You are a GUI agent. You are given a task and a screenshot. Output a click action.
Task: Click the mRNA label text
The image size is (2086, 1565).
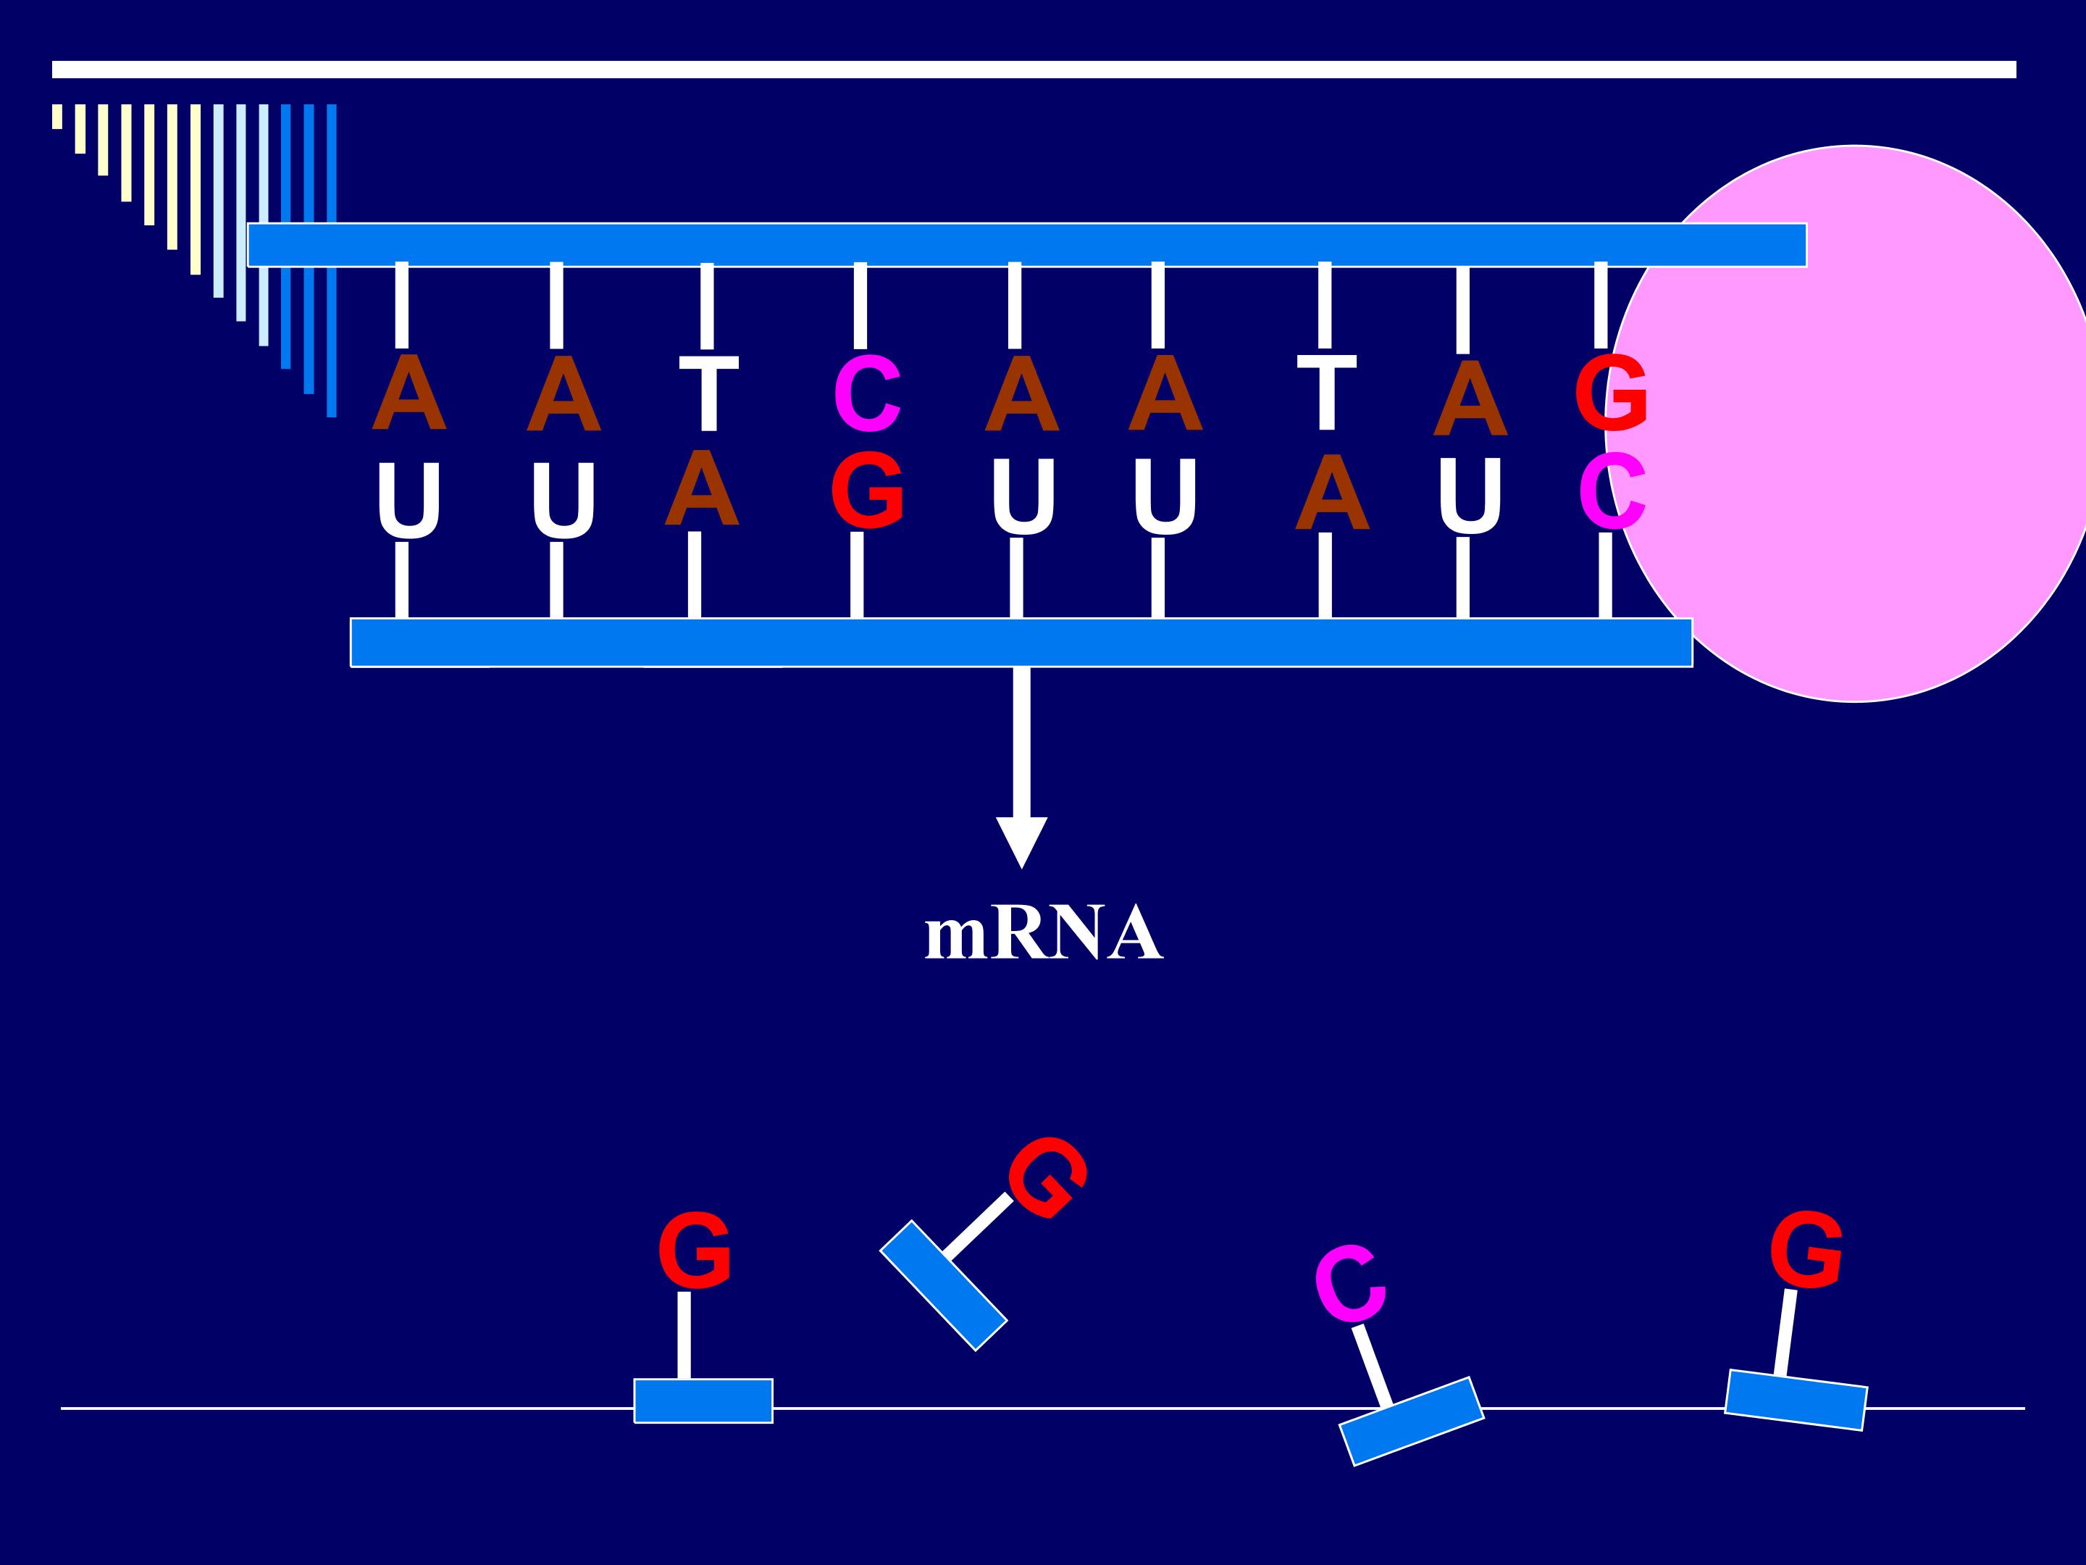[x=1043, y=934]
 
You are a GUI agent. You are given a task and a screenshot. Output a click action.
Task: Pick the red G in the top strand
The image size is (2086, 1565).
[x=1611, y=393]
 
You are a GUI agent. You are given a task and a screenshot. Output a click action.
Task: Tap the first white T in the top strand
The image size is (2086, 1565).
[x=708, y=393]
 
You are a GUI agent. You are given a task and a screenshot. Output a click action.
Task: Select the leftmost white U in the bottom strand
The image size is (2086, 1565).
[x=407, y=500]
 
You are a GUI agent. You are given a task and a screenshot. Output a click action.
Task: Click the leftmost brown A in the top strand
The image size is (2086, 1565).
[x=409, y=393]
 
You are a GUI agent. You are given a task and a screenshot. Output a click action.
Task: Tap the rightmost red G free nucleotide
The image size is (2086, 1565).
[x=1806, y=1250]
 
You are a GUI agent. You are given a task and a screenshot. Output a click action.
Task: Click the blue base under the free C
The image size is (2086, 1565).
[x=1412, y=1421]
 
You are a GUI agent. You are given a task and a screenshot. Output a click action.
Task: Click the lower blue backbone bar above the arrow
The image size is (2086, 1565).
[x=1021, y=643]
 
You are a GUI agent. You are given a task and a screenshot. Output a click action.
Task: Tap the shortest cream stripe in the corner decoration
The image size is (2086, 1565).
[x=57, y=116]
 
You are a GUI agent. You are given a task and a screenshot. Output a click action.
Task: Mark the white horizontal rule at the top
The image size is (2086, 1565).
[x=1034, y=70]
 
